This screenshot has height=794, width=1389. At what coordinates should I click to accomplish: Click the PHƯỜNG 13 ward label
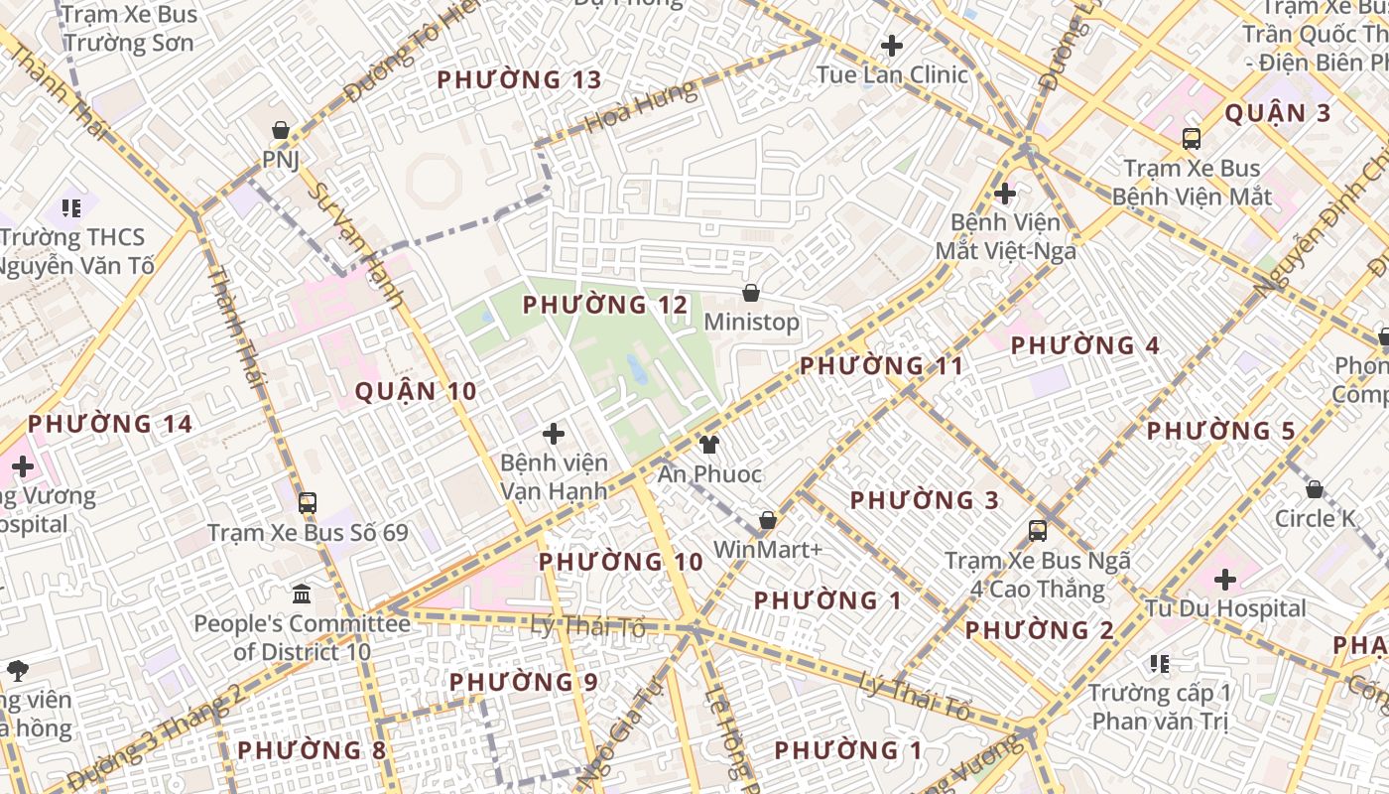point(519,79)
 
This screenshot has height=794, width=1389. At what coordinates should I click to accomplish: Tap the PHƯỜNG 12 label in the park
point(604,305)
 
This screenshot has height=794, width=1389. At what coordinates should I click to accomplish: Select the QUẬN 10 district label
point(416,391)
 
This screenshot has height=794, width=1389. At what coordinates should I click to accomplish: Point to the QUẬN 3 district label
point(1277,113)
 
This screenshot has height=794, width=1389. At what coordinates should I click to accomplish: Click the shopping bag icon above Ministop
point(751,293)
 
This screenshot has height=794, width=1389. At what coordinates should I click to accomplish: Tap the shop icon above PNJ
point(281,130)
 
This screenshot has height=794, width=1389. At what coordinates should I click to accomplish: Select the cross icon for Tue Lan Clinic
point(891,46)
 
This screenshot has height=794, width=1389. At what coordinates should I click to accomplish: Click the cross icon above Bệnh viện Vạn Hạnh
point(554,434)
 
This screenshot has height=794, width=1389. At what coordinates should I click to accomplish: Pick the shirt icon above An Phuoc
point(708,444)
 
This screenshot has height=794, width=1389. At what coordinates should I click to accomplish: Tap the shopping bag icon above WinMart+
point(767,520)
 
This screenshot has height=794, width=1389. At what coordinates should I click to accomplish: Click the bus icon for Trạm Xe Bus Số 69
point(308,503)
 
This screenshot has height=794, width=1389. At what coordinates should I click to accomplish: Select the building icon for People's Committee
point(302,594)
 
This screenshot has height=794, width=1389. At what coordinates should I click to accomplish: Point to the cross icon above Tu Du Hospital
point(1225,579)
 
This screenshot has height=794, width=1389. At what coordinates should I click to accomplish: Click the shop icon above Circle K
point(1315,489)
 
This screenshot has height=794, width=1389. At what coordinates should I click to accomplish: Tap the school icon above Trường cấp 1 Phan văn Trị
point(1159,663)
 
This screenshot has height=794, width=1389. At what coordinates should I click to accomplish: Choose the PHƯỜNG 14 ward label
point(109,424)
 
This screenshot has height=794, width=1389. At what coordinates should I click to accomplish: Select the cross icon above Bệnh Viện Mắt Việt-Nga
point(1004,193)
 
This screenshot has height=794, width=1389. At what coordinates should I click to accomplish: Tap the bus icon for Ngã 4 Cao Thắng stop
point(1038,531)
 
